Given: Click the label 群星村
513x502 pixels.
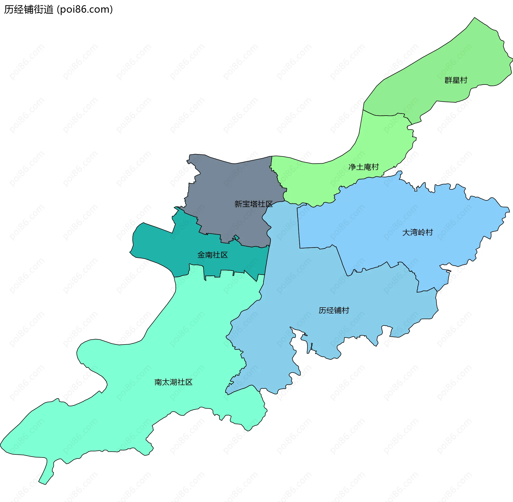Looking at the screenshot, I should [456, 80].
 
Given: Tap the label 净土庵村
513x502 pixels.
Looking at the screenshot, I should [364, 167].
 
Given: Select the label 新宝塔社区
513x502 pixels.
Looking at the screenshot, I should [254, 204].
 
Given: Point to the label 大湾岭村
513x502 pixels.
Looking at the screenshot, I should [418, 232].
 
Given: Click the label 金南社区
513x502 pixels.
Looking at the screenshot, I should [212, 255].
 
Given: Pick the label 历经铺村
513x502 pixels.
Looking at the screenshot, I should [334, 310].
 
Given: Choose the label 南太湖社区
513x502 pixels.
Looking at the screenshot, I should [173, 382].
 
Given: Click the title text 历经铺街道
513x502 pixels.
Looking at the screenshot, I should [29, 10].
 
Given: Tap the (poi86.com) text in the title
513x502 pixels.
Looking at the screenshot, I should [85, 10].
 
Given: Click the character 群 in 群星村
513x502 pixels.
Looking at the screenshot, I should [448, 80].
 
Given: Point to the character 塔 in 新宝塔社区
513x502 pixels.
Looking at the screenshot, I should [254, 204].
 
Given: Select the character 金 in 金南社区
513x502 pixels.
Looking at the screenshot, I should [201, 255].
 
